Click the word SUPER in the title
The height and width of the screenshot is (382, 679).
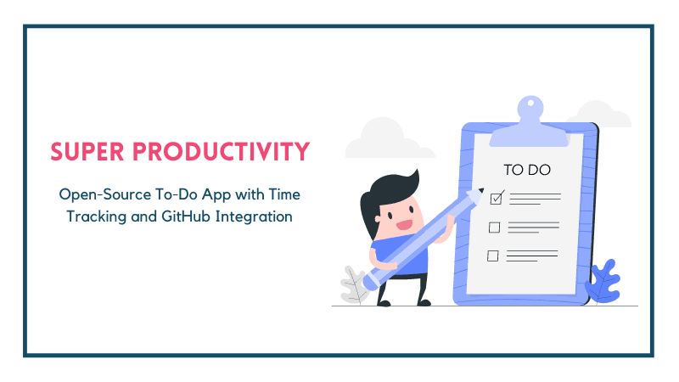click(x=84, y=153)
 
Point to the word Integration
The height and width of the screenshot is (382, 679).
click(x=254, y=216)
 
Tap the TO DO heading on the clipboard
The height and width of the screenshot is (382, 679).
click(x=527, y=170)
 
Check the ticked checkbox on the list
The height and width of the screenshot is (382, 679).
click(x=497, y=198)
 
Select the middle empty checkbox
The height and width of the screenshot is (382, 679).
click(x=494, y=227)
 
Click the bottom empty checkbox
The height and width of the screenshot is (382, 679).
click(x=493, y=255)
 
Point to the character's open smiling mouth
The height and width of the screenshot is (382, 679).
click(x=405, y=225)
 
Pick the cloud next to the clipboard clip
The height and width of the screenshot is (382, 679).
click(x=598, y=116)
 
